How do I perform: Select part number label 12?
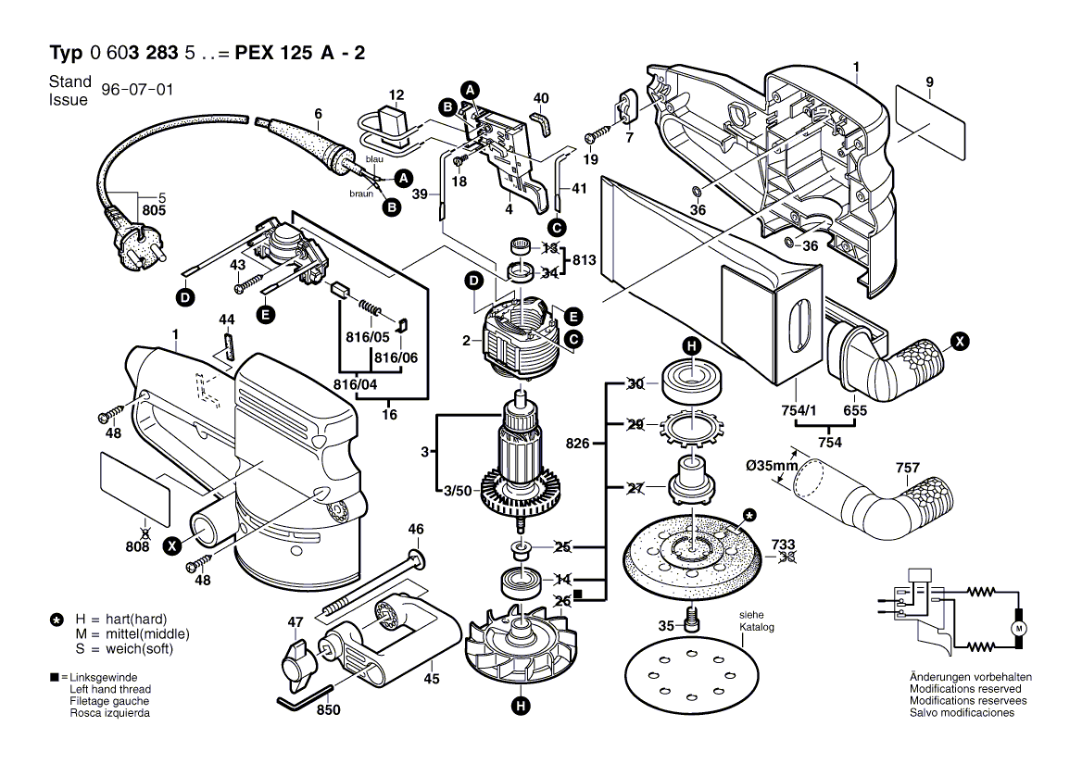(396, 95)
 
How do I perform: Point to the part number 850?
(328, 710)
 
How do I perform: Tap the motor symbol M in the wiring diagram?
(1020, 629)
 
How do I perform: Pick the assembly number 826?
(578, 445)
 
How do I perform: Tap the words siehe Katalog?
(756, 621)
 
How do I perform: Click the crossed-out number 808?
(137, 547)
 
